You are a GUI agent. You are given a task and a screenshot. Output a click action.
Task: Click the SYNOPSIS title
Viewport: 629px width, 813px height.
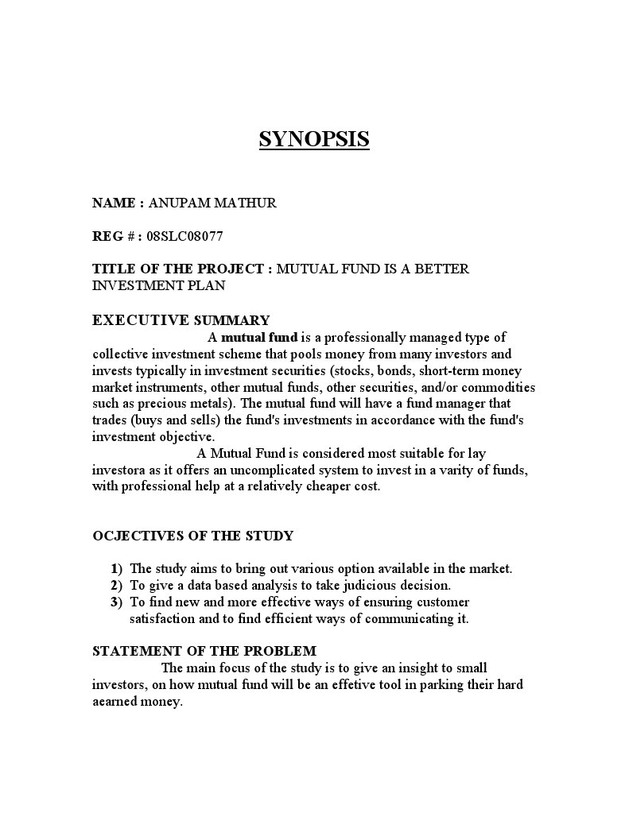(314, 140)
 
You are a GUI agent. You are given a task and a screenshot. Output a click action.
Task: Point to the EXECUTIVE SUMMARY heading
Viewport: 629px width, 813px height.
(181, 320)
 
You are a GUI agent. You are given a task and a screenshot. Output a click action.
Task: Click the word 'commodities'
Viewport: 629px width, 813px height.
(497, 387)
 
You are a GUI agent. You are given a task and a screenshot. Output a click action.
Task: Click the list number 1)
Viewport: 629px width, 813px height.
(117, 569)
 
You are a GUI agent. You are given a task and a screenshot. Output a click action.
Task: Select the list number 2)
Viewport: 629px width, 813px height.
(117, 586)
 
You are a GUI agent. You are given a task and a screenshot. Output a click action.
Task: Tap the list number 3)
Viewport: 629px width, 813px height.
(117, 602)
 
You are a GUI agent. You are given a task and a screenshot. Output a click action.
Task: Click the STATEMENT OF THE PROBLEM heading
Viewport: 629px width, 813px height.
(204, 651)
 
